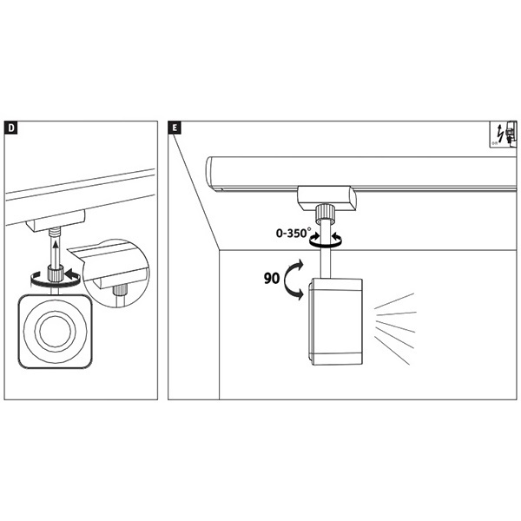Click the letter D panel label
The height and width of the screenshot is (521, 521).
tap(10, 128)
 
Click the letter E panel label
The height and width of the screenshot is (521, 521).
tap(176, 128)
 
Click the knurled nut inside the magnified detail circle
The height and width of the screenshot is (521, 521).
tap(120, 289)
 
